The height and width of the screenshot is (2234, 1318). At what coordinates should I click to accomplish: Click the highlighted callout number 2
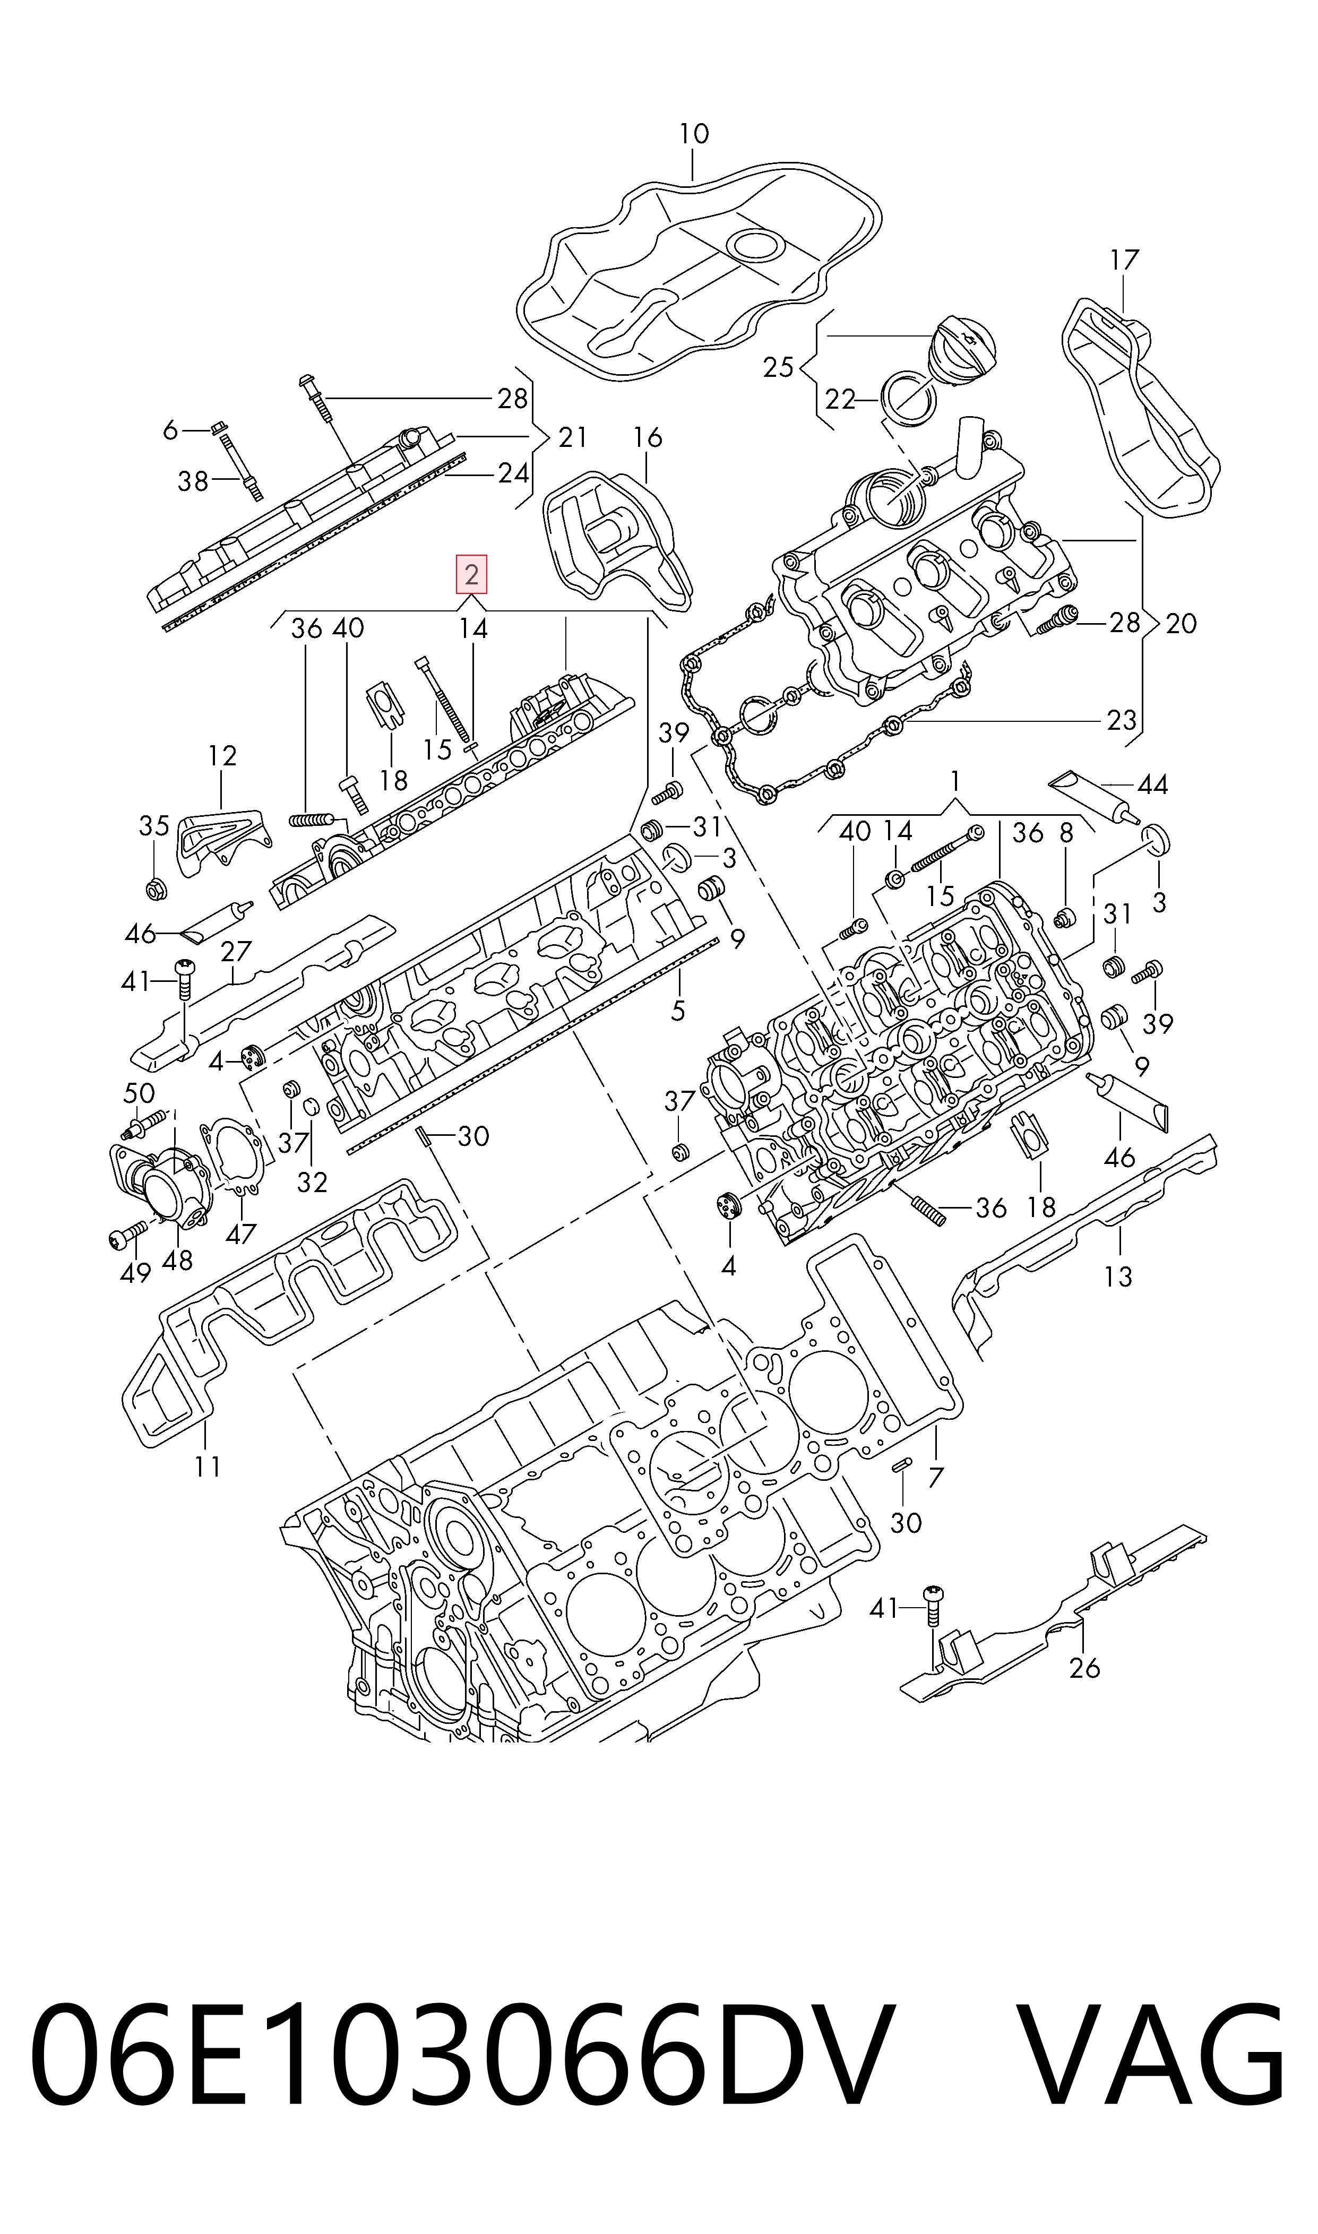click(x=471, y=574)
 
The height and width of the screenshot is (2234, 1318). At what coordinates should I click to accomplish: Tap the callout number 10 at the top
click(x=694, y=134)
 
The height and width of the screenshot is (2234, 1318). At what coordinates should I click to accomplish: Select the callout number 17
click(x=1124, y=260)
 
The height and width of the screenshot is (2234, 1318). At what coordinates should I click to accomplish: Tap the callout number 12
click(x=222, y=756)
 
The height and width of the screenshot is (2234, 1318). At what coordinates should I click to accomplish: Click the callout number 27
click(x=236, y=952)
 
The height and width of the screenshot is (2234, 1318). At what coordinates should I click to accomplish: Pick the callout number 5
click(x=678, y=1011)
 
